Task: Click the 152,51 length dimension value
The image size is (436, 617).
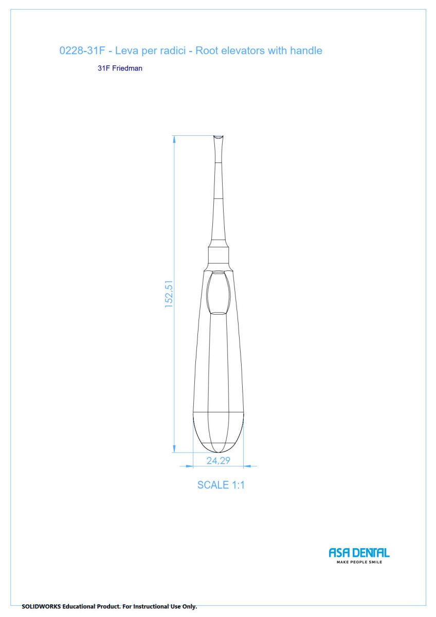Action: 169,294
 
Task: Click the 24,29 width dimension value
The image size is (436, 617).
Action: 218,461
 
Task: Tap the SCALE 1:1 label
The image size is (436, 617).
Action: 221,485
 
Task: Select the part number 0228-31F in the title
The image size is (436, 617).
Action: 82,51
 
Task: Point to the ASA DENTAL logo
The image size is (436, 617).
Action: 359,553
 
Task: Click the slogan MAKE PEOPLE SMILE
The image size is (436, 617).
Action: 359,562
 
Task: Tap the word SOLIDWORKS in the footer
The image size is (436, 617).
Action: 41,606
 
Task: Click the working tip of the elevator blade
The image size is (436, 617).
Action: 219,136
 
